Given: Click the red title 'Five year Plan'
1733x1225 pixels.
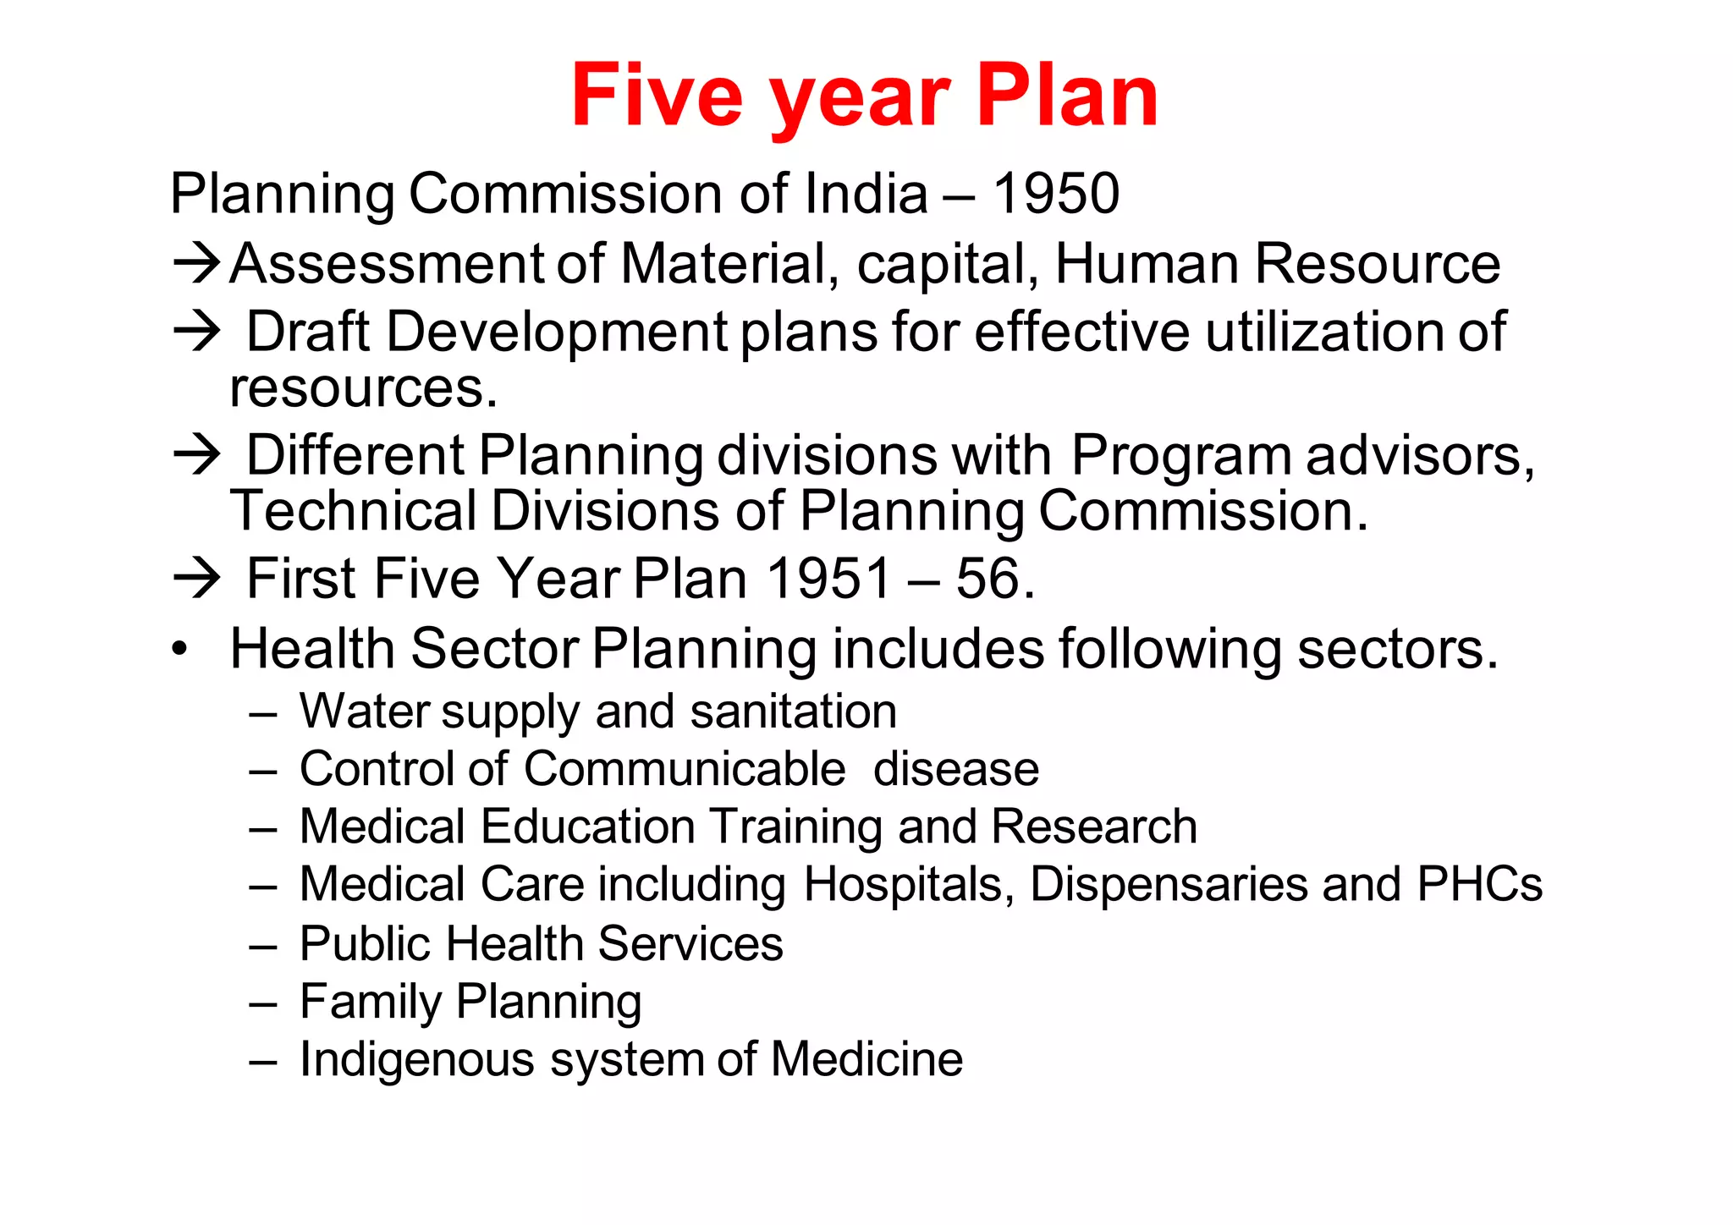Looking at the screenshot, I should click(864, 96).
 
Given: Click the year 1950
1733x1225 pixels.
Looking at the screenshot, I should click(1055, 194).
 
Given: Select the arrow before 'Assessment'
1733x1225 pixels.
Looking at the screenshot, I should click(196, 264).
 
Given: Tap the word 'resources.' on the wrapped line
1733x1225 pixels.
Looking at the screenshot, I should click(364, 389).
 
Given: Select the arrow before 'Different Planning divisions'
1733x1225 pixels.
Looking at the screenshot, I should click(196, 455).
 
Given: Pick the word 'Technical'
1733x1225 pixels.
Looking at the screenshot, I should click(354, 512).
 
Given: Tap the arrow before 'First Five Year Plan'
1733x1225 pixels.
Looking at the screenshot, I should click(196, 580).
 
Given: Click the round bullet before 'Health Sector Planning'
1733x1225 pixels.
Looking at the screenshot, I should click(179, 651).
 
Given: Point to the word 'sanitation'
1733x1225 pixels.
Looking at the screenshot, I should click(793, 711).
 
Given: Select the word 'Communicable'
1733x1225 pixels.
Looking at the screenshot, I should click(684, 769).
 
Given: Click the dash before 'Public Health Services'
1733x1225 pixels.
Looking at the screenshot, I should click(263, 946).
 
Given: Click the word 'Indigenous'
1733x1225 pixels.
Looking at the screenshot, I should click(417, 1060).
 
